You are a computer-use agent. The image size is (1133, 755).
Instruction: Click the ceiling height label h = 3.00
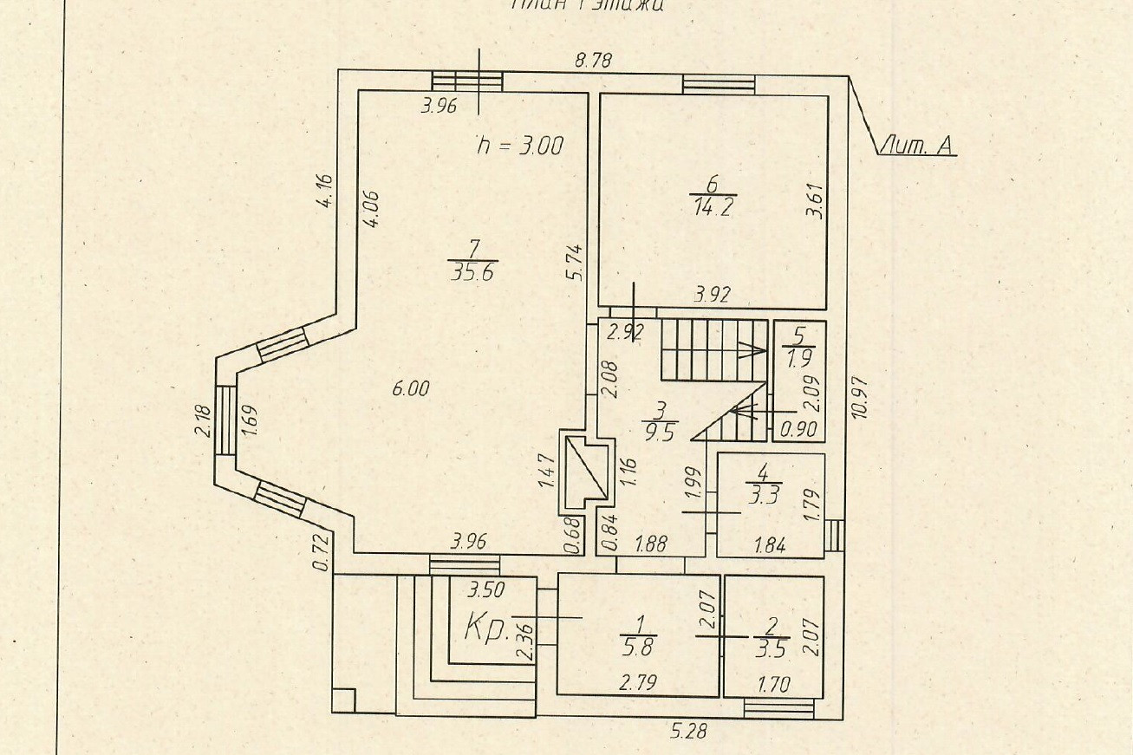[520, 146]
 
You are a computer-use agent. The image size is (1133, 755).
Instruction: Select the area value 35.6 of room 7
[474, 272]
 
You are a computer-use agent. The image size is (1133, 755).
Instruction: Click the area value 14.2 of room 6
[713, 207]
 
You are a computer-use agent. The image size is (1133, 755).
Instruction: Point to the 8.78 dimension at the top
[594, 60]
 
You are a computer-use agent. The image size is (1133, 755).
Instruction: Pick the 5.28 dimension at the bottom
[688, 732]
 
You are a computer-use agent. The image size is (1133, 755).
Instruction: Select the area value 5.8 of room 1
[641, 646]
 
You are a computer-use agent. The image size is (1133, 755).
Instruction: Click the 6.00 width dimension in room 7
[410, 389]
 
